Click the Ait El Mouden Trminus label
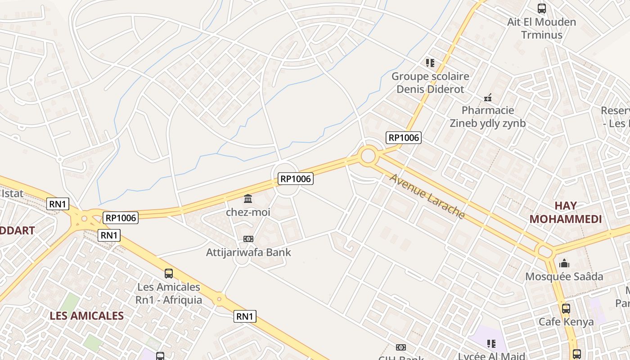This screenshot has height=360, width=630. point(541,28)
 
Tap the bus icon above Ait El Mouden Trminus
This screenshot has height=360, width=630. point(541,8)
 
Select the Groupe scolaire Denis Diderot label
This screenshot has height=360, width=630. point(430,82)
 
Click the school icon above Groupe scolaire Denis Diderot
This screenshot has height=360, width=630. point(430,63)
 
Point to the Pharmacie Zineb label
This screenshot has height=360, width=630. point(488,117)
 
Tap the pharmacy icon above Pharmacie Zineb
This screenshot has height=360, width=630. point(488,97)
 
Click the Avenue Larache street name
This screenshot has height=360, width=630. point(427,196)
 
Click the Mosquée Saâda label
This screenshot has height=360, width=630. point(564,276)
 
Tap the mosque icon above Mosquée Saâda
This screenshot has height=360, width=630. point(564,263)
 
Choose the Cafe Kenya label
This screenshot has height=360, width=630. point(566,322)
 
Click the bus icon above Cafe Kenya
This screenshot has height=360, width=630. point(566,309)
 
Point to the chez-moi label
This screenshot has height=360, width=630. point(248,211)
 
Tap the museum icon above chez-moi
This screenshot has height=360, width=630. point(248,198)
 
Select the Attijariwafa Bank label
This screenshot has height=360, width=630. point(248,252)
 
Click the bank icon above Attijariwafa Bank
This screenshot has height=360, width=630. point(248,239)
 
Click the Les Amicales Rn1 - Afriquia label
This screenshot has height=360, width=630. point(169,293)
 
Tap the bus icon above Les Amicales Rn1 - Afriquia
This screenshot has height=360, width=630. point(169,273)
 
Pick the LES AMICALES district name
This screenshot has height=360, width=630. point(86,315)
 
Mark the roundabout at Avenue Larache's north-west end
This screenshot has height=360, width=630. point(368,156)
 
